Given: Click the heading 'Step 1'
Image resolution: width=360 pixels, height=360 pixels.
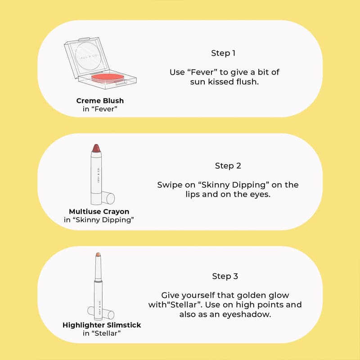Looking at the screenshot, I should coord(223,53).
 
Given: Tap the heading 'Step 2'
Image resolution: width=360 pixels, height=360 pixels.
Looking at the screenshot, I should coord(228,166).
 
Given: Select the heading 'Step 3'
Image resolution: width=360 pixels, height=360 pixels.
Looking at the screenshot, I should coord(225,276).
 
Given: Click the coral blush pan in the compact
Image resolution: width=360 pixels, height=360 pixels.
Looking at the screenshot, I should coord(107,78).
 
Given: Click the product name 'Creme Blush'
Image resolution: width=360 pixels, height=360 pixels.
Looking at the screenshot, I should coord(100,100).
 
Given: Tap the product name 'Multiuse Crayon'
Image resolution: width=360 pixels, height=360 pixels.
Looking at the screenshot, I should coord(99,211).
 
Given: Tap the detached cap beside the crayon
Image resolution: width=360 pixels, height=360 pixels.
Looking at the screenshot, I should coord(108,197).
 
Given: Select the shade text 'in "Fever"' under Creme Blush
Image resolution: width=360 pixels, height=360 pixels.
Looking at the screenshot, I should coord(100,109).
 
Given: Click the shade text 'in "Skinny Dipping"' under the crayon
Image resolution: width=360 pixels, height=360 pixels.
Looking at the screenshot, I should coord(99,220).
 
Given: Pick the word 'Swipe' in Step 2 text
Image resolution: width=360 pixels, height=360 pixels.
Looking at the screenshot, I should coord(168,185).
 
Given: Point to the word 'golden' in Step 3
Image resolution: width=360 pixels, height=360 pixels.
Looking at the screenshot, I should coord(243,295).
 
